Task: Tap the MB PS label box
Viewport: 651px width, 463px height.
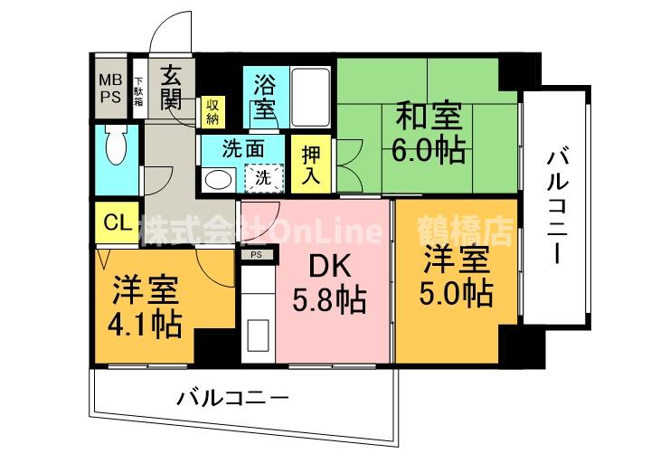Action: (x=112, y=88)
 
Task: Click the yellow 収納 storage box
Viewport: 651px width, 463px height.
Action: (x=212, y=109)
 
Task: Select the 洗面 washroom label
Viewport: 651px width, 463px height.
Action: (x=242, y=147)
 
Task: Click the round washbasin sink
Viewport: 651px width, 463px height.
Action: (x=218, y=179)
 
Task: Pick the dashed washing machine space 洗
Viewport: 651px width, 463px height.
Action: (x=267, y=178)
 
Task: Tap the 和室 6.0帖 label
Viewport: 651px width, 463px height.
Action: (x=427, y=132)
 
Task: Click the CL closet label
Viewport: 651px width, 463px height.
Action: (x=115, y=222)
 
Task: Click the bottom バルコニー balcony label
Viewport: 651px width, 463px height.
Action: (x=232, y=396)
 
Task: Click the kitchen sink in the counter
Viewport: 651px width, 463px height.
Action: (x=257, y=332)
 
